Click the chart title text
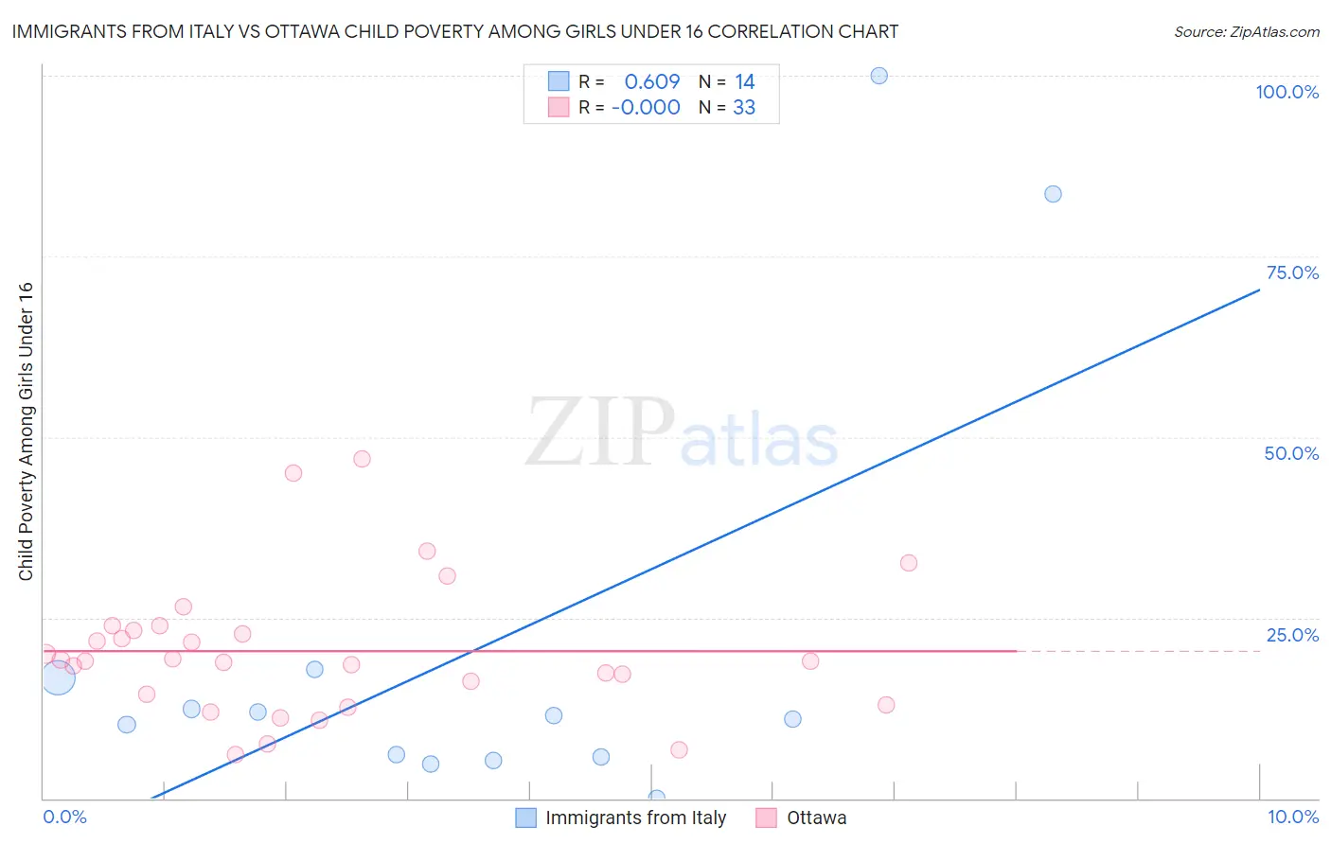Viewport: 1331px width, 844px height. point(455,31)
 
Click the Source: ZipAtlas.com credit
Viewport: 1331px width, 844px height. point(1246,31)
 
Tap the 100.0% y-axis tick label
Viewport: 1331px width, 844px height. point(1287,92)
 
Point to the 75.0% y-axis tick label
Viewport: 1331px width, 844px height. point(1292,273)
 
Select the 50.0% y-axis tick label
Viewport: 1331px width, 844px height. point(1291,453)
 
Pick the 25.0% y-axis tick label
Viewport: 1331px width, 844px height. point(1292,635)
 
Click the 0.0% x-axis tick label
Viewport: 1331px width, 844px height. point(64,817)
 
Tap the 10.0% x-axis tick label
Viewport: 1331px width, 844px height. point(1292,817)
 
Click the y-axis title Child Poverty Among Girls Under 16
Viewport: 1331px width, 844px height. point(26,431)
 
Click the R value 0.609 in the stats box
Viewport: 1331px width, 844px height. point(651,82)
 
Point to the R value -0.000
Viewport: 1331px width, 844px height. point(646,108)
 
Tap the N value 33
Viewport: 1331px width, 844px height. point(744,108)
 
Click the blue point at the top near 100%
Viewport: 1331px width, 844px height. point(878,76)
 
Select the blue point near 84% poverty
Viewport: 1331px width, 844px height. point(1053,194)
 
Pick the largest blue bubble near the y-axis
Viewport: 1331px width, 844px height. point(57,677)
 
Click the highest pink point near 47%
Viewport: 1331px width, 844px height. point(362,459)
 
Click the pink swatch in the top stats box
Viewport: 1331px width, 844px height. point(559,108)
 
